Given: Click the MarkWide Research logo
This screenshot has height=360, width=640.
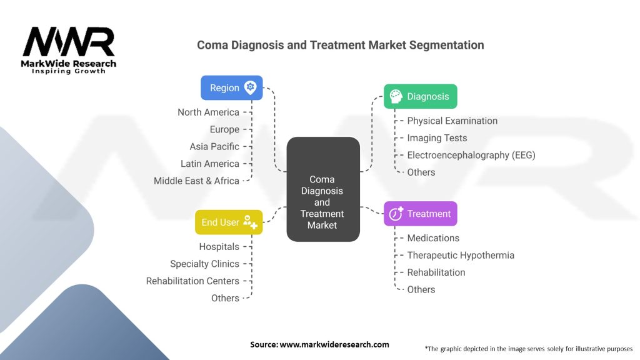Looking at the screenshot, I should tap(69, 49).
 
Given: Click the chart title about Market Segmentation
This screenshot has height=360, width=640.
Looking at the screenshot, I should tap(340, 45).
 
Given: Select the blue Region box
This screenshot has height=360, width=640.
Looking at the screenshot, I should tap(231, 87).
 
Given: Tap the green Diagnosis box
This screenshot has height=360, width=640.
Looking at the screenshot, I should tap(420, 96).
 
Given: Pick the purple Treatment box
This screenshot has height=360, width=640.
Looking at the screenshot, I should tap(420, 214).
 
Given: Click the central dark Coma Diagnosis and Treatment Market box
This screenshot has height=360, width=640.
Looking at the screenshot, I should tap(322, 189).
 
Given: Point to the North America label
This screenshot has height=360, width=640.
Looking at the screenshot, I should tap(208, 112).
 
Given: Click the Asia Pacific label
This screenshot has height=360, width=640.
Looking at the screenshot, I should tap(214, 147).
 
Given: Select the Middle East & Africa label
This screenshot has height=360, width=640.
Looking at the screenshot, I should tap(196, 181).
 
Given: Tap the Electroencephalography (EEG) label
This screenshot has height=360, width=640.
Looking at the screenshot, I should tap(471, 155).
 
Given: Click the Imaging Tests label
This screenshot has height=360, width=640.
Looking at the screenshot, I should tap(437, 138).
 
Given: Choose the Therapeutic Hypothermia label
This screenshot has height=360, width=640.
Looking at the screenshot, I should tap(461, 255).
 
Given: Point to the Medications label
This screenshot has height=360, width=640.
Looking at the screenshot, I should tap(433, 238).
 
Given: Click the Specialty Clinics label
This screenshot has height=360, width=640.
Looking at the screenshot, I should tap(204, 264).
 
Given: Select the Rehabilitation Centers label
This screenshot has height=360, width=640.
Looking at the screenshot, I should tap(192, 281).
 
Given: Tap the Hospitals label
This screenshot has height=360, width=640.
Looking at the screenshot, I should tap(219, 247).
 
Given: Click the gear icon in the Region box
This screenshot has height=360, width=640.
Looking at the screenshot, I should tap(251, 87).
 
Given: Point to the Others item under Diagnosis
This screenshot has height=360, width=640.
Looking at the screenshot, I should tap(421, 172).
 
